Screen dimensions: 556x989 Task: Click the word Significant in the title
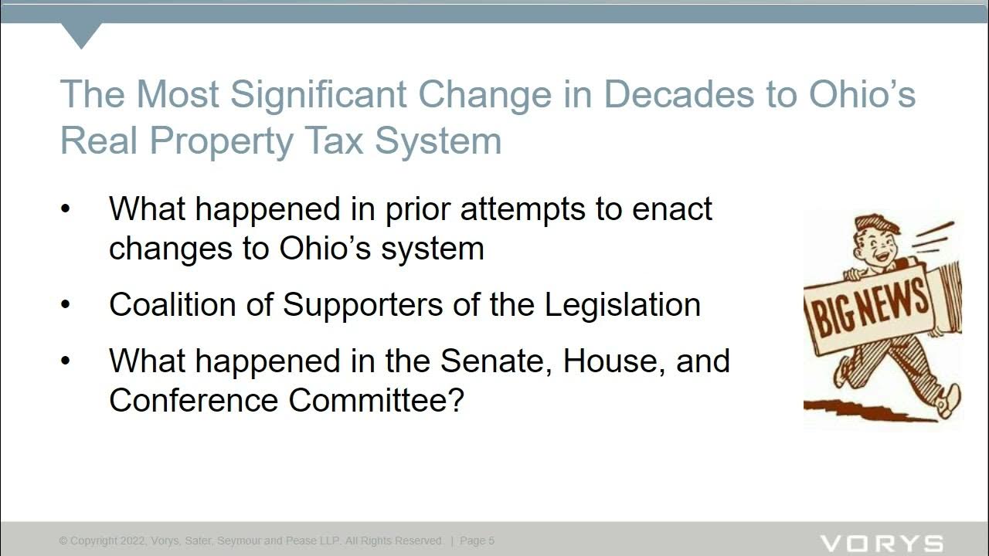318,95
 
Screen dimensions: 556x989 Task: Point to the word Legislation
623,304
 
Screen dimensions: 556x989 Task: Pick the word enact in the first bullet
672,209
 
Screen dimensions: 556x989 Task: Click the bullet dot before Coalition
66,305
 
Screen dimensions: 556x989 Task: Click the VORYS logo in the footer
881,544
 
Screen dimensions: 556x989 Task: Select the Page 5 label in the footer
477,541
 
